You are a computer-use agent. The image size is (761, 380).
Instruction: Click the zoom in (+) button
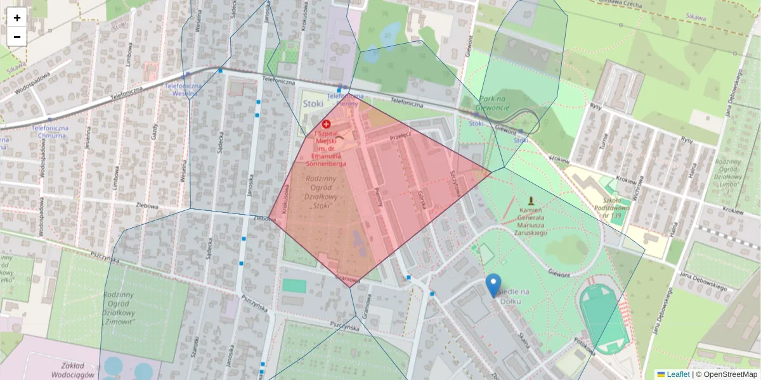tap(17, 18)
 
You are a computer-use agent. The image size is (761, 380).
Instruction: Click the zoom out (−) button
tap(17, 37)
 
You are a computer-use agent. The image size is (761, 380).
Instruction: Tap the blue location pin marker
tap(493, 285)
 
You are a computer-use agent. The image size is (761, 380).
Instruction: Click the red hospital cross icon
tap(326, 125)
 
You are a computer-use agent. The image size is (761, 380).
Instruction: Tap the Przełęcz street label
tap(401, 134)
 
